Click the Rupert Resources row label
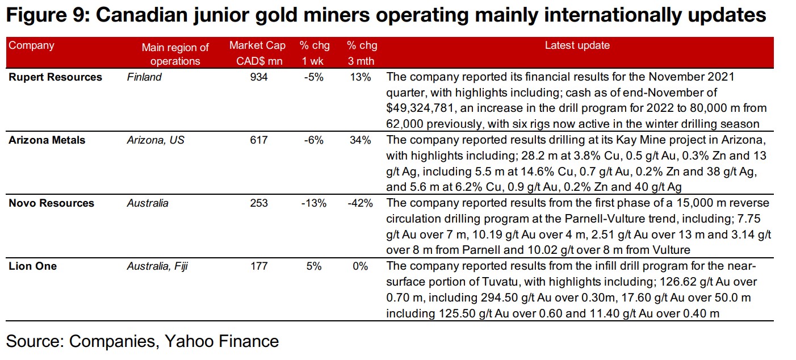click(x=55, y=77)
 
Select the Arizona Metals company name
click(x=47, y=140)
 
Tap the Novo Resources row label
click(x=51, y=203)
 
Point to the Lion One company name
click(x=32, y=266)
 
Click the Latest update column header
click(x=577, y=45)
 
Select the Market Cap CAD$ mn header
click(x=257, y=53)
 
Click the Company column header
click(x=31, y=45)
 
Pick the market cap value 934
click(x=258, y=77)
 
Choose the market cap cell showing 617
click(x=258, y=140)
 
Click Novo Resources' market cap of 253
click(x=258, y=203)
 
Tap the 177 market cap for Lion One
click(x=258, y=266)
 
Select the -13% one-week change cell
click(x=313, y=203)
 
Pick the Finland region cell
click(x=144, y=77)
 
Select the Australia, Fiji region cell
click(x=157, y=266)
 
